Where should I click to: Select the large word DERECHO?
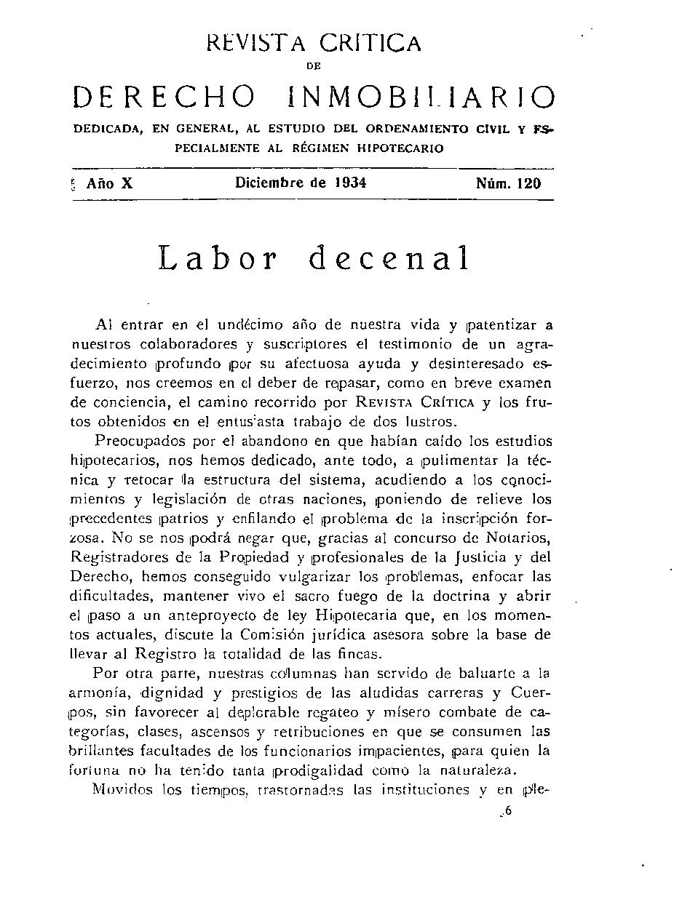[164, 97]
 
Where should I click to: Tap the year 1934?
[350, 183]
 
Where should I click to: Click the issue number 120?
[529, 183]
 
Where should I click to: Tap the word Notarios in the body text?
[522, 538]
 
